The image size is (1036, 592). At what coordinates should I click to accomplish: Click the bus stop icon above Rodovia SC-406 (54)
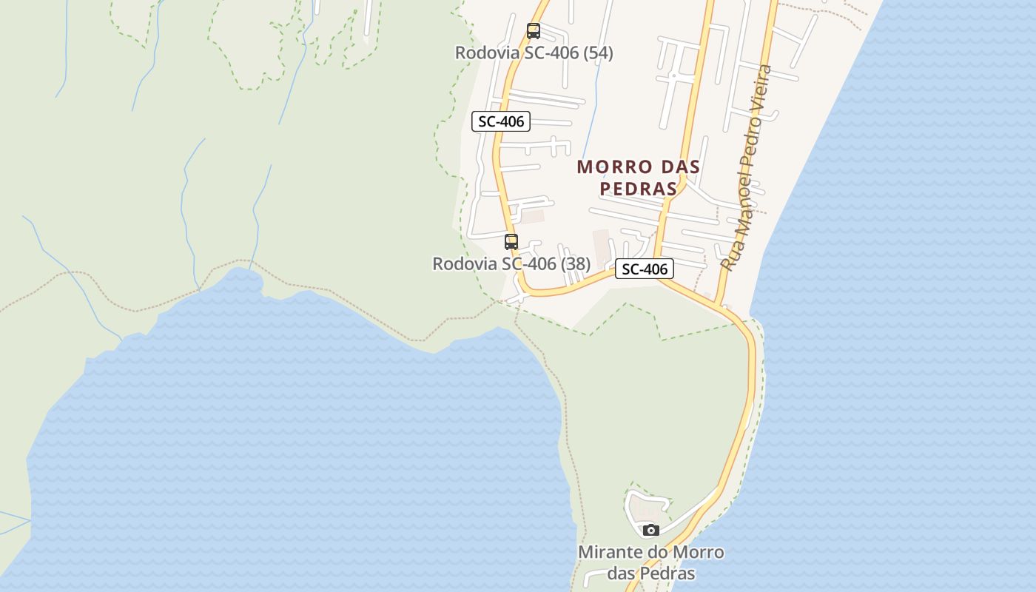click(533, 31)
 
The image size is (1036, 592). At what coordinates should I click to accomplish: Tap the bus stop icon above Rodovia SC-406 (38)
click(511, 241)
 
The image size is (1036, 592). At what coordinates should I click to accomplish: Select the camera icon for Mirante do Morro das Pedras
click(650, 530)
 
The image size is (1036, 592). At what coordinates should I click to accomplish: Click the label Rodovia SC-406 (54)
click(534, 53)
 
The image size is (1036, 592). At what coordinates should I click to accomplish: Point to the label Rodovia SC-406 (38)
click(511, 263)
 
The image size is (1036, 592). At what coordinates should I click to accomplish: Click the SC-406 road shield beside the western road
click(501, 122)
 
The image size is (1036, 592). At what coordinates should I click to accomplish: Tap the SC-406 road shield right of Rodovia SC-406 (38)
click(645, 269)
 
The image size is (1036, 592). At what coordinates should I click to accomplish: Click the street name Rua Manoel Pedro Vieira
click(746, 169)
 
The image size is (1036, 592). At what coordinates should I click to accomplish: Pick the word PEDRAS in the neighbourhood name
click(638, 189)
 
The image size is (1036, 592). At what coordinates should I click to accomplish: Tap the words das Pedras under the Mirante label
click(651, 573)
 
